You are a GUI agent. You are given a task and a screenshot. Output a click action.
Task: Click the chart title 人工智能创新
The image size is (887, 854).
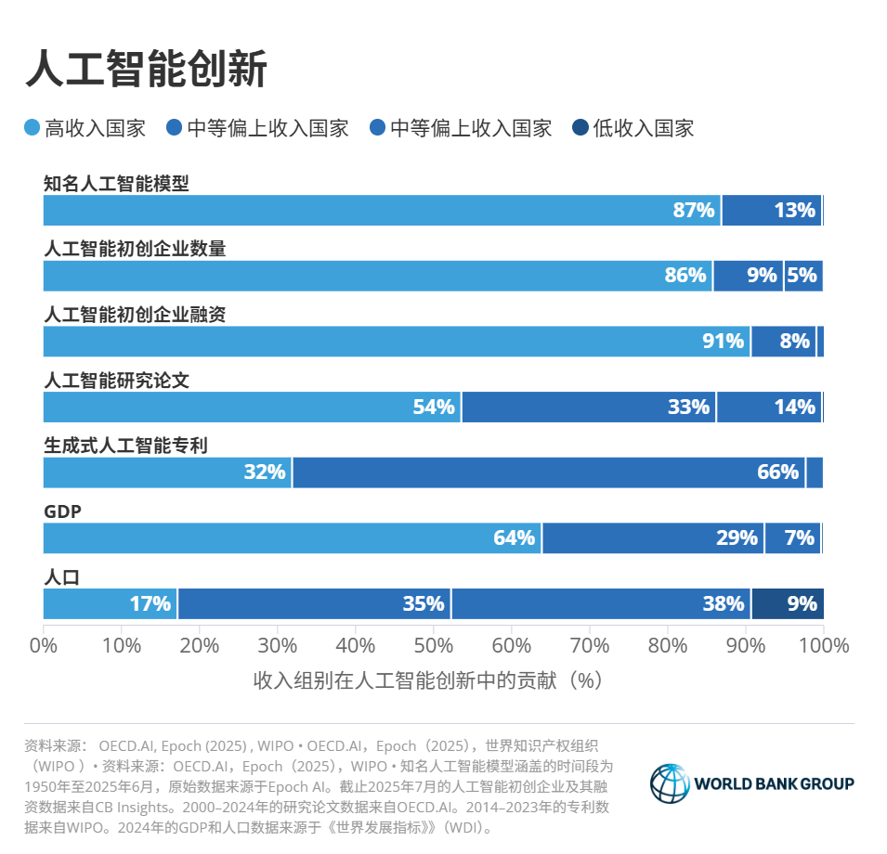(146, 69)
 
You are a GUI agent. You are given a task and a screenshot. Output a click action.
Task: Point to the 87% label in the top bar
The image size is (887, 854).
(695, 211)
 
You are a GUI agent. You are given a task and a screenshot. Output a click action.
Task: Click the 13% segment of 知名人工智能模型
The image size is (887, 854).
(772, 211)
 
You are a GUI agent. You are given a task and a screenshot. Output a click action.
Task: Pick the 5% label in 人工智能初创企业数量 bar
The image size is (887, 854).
(801, 276)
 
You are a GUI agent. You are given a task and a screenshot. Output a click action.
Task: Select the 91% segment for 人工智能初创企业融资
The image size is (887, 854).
(397, 342)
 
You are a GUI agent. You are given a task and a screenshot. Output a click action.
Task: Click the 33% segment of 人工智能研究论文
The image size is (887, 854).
(589, 407)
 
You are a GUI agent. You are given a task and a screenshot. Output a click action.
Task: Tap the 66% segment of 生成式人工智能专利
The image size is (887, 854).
(548, 472)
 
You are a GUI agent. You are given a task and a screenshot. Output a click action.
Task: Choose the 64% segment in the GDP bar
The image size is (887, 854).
(293, 537)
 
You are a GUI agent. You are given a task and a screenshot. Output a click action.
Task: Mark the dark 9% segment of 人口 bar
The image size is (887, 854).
(788, 603)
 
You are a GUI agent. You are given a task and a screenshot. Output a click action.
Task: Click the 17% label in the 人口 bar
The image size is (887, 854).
(150, 604)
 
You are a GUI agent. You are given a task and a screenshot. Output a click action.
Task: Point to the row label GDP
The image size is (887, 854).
(63, 511)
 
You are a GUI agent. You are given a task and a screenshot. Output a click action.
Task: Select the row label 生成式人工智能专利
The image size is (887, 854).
(124, 446)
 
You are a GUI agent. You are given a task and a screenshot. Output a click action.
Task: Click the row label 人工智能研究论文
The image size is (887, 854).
(116, 380)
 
